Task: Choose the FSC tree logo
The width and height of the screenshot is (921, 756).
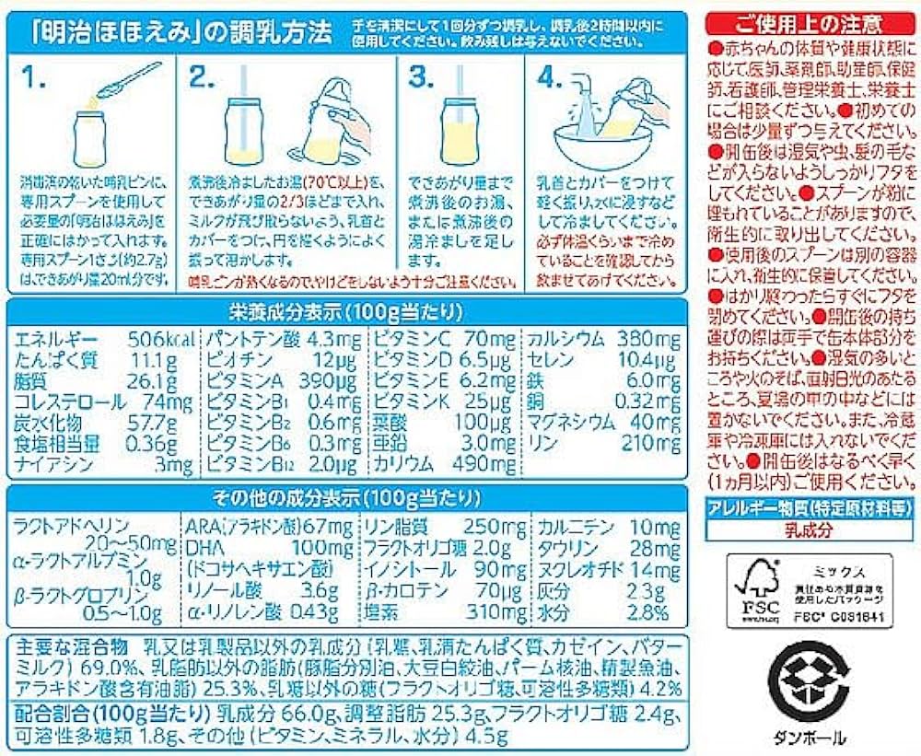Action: (755, 589)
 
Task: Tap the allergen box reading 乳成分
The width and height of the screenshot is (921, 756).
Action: (810, 530)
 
